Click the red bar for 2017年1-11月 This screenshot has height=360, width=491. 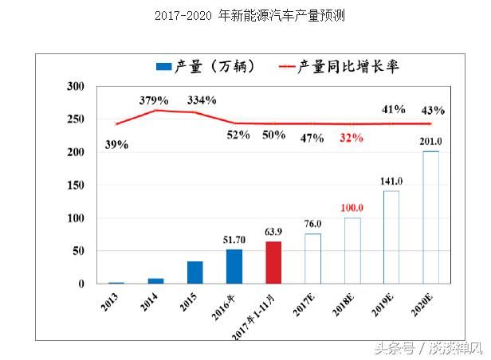[x=273, y=263]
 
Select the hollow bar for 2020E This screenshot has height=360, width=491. [x=430, y=217]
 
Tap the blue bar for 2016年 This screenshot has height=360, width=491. [x=234, y=267]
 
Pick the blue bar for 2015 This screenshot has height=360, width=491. [x=195, y=272]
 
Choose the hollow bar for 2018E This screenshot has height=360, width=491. [x=352, y=251]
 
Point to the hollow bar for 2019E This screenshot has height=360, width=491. [x=391, y=237]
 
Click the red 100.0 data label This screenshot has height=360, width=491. [x=352, y=208]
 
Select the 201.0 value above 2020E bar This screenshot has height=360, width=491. [x=430, y=141]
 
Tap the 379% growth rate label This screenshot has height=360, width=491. [x=154, y=100]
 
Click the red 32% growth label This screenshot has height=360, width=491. [x=351, y=137]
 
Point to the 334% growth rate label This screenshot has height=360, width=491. [x=201, y=100]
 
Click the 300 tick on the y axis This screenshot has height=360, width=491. [x=75, y=87]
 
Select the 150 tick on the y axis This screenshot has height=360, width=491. [x=75, y=186]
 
